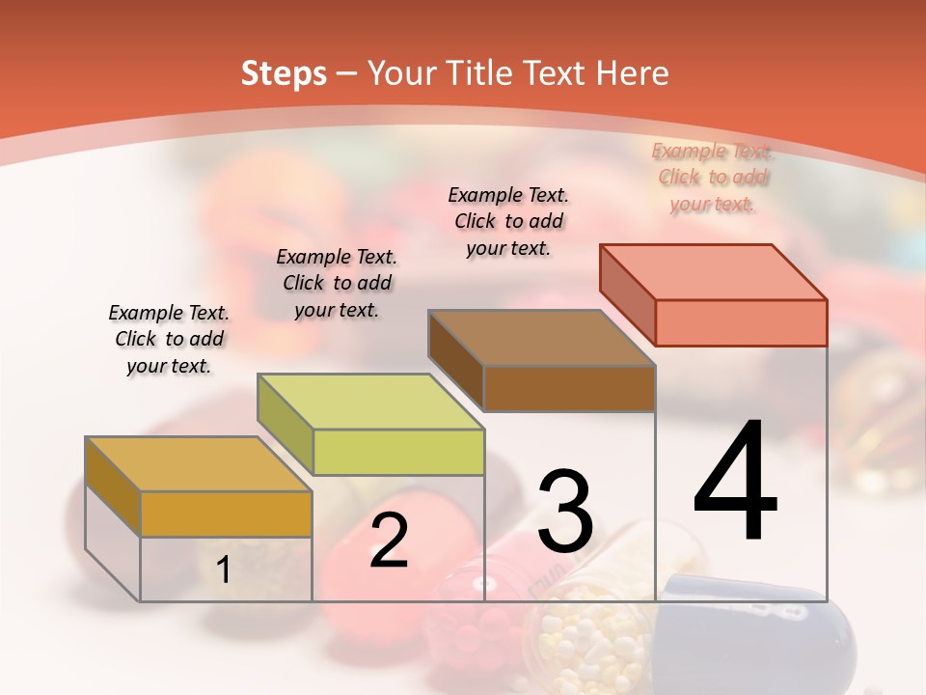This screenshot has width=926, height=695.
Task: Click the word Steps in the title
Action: coord(284,73)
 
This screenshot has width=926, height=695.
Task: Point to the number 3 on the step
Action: coord(565,511)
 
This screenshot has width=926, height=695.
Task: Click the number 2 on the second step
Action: coord(389,541)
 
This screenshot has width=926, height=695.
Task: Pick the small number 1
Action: coord(224,570)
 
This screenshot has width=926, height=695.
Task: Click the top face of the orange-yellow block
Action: coord(198,463)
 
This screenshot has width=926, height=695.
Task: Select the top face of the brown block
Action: coord(541,338)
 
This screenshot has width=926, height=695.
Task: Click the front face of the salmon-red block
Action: coord(741,322)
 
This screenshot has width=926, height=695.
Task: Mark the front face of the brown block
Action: coord(569,388)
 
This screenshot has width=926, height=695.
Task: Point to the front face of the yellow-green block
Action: coord(398,452)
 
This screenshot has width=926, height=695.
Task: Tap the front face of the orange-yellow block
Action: coord(226,514)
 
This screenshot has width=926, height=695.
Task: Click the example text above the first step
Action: coord(169,339)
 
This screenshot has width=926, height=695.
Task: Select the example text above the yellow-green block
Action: coord(337,283)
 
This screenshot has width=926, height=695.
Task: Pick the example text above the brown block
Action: coord(508,221)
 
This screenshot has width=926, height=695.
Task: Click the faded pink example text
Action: coord(713,177)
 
